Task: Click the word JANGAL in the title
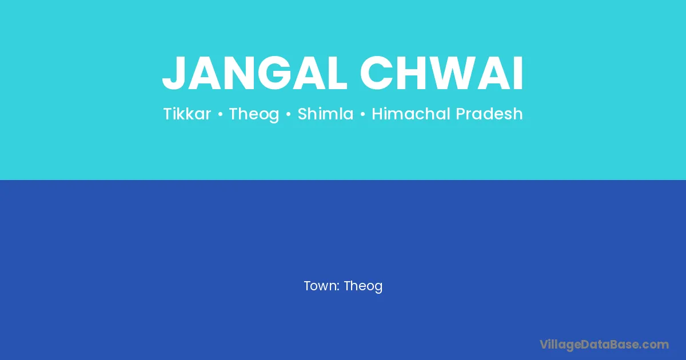coord(254,73)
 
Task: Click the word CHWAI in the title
coord(441,73)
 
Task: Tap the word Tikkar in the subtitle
coord(187,114)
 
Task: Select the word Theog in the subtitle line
coord(254,114)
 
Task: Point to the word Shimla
coord(325,114)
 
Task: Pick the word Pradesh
coord(489,114)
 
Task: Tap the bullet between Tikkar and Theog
coord(220,114)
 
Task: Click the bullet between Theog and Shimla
coord(288,114)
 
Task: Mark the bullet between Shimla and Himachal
coord(362,114)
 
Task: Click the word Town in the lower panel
coord(321,286)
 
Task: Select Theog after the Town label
coord(363,286)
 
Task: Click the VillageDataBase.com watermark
coord(604,345)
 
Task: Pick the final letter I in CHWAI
coord(519,73)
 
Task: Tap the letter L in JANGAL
coord(336,73)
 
